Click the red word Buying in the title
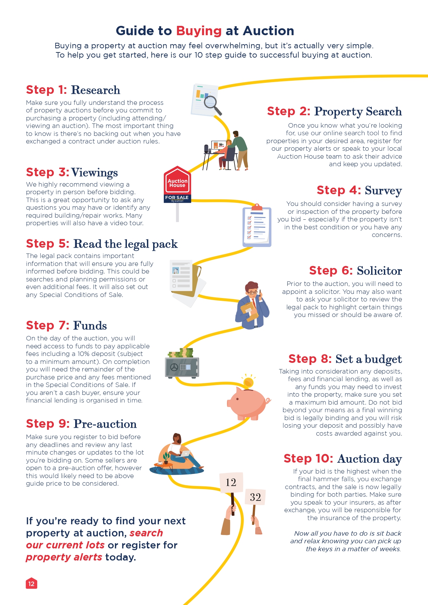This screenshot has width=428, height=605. (199, 31)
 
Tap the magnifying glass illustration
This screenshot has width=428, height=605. (211, 104)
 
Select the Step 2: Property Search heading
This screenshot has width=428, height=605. (334, 111)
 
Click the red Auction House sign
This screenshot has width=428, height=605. (177, 181)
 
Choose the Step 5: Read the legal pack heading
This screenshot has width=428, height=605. (102, 244)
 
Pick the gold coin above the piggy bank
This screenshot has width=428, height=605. (248, 382)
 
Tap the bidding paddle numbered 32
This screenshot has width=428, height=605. (255, 497)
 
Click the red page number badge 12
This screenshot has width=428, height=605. (31, 584)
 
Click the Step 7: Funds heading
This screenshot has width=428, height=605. (67, 326)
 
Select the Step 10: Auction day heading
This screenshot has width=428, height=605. (342, 459)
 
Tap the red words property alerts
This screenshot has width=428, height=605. (64, 557)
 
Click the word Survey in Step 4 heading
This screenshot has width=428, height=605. (383, 190)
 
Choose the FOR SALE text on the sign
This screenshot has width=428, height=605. (177, 197)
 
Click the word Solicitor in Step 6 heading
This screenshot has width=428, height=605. (379, 271)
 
